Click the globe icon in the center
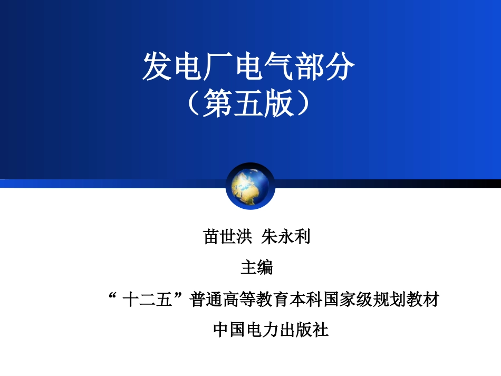pos(250,186)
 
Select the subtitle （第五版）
pos(248,103)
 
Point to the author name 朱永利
pos(286,237)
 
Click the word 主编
pos(257,267)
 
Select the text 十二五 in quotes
pos(147,300)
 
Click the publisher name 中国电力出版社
pos(271,330)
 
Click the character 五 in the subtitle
pos(248,103)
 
